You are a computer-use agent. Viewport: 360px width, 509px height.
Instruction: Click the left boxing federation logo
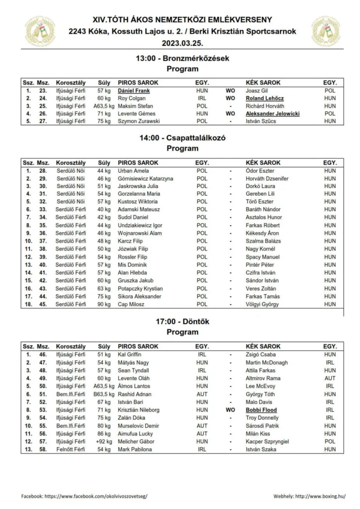(40, 31)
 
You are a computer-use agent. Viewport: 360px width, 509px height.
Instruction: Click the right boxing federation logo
(325, 31)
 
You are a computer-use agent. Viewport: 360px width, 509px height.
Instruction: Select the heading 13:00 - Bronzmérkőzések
(182, 58)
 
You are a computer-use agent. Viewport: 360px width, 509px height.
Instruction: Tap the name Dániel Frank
(134, 91)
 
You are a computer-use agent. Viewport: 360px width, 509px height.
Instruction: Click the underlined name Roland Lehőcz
(265, 98)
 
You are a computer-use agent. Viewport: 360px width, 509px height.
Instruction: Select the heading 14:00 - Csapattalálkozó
(182, 138)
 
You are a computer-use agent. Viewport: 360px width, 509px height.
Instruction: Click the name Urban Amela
(130, 171)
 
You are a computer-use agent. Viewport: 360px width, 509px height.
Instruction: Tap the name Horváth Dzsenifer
(267, 178)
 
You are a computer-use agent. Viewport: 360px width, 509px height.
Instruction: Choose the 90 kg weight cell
(104, 305)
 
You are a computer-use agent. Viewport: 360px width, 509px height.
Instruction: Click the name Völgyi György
(263, 305)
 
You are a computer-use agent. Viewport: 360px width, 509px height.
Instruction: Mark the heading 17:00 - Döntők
(182, 322)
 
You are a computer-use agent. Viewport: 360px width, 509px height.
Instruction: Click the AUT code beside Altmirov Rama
(330, 378)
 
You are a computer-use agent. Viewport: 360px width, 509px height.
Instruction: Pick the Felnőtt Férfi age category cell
(71, 449)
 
